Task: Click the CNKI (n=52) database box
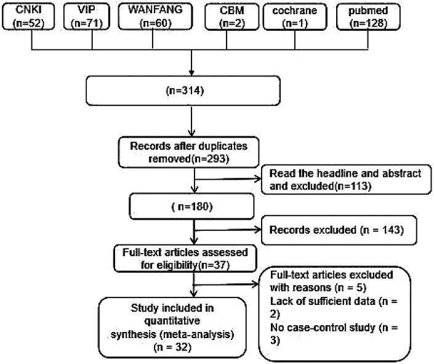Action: pyautogui.click(x=28, y=17)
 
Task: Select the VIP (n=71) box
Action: pyautogui.click(x=87, y=17)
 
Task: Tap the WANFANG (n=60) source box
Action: pyautogui.click(x=155, y=17)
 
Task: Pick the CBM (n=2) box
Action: pyautogui.click(x=232, y=17)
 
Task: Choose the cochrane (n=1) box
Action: pyautogui.click(x=295, y=17)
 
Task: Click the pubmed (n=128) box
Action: pyautogui.click(x=368, y=17)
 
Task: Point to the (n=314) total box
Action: pyautogui.click(x=183, y=91)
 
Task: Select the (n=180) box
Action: pyautogui.click(x=191, y=206)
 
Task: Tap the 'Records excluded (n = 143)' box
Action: pyautogui.click(x=339, y=230)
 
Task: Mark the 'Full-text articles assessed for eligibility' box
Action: pyautogui.click(x=185, y=259)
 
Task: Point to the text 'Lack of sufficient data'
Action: pyautogui.click(x=323, y=301)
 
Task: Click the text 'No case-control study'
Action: pyautogui.click(x=323, y=328)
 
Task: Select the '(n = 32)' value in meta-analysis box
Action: pyautogui.click(x=172, y=347)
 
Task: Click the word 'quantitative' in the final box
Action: pyautogui.click(x=172, y=321)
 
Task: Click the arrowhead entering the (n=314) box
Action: pyautogui.click(x=191, y=73)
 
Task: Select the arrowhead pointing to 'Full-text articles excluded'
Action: pyautogui.click(x=255, y=284)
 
